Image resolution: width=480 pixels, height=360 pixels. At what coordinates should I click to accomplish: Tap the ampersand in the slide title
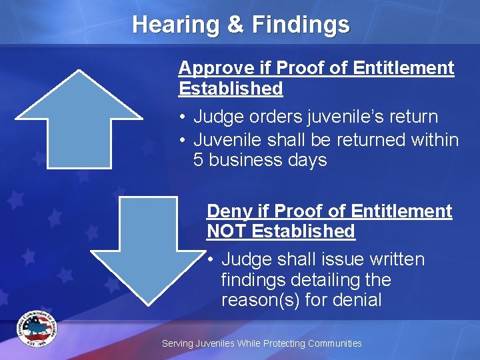(236, 25)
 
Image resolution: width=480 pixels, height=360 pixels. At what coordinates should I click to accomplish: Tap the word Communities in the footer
(333, 343)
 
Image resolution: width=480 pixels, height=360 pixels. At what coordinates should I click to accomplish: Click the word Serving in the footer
(177, 343)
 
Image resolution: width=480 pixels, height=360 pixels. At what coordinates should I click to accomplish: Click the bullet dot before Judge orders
(182, 117)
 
